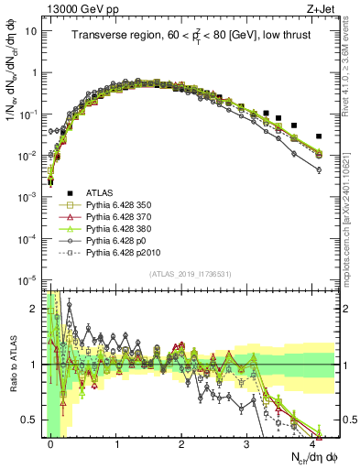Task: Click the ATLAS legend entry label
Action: pyautogui.click(x=100, y=191)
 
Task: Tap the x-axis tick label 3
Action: pyautogui.click(x=247, y=444)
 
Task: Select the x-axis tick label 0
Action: pyautogui.click(x=51, y=444)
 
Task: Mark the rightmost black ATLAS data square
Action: pyautogui.click(x=319, y=136)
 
